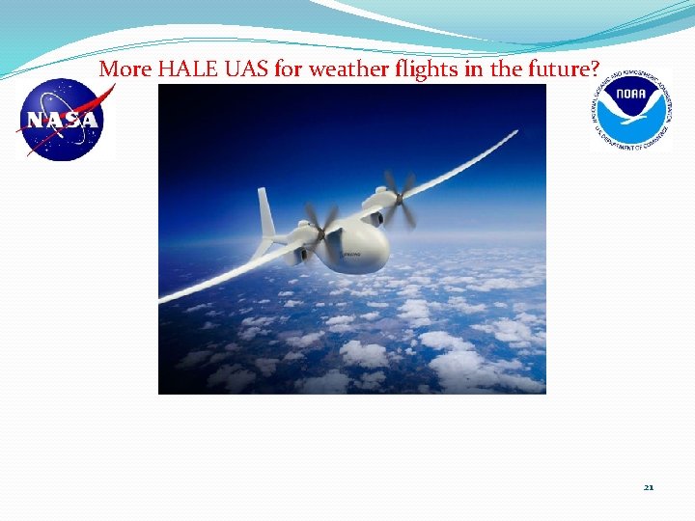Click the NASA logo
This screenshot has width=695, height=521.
(x=63, y=119)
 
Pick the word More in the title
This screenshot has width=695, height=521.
(x=121, y=69)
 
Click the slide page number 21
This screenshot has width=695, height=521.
(x=649, y=487)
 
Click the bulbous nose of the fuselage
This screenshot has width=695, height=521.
(x=372, y=248)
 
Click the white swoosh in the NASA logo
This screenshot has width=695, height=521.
(x=68, y=116)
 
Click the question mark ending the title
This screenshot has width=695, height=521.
(x=594, y=69)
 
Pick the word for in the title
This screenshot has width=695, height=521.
(x=262, y=69)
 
